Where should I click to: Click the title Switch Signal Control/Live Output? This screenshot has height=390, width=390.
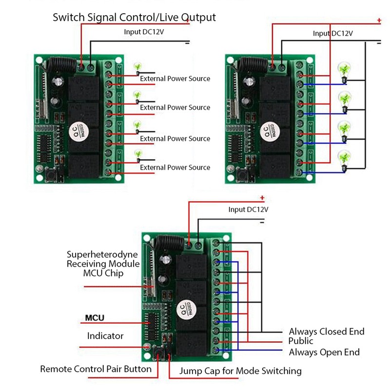pyautogui.click(x=134, y=18)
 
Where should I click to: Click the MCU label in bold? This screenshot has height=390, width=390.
pyautogui.click(x=95, y=318)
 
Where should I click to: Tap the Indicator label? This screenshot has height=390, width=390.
pyautogui.click(x=105, y=336)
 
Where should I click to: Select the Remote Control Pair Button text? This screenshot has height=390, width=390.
pyautogui.click(x=96, y=369)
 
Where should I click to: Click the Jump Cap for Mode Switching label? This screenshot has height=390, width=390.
pyautogui.click(x=240, y=371)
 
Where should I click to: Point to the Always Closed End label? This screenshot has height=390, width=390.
pyautogui.click(x=326, y=331)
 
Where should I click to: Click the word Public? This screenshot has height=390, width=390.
pyautogui.click(x=300, y=341)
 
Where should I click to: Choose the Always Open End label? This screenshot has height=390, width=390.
pyautogui.click(x=324, y=352)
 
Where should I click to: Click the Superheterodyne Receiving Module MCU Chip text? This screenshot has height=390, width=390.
pyautogui.click(x=102, y=264)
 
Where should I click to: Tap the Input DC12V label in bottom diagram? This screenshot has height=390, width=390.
pyautogui.click(x=248, y=209)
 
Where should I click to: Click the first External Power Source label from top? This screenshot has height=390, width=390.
pyautogui.click(x=175, y=78)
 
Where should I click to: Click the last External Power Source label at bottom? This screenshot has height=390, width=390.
pyautogui.click(x=175, y=167)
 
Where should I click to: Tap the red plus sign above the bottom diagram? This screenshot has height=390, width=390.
pyautogui.click(x=262, y=198)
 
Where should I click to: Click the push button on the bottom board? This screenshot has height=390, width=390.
pyautogui.click(x=157, y=351)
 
